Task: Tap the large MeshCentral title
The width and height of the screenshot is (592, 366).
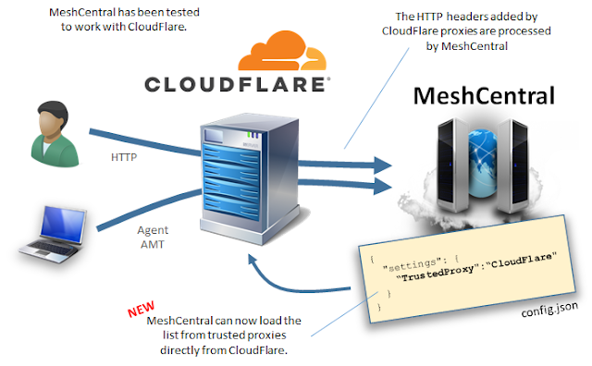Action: point(485,96)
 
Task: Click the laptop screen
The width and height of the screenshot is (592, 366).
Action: point(63,224)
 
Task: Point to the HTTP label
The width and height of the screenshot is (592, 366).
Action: point(124,157)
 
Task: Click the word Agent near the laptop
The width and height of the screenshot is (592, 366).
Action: point(153,230)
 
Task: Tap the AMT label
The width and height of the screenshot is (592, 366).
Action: point(153,245)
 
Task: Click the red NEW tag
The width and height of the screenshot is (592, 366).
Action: point(141,309)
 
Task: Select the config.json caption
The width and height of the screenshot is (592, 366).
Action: point(549,309)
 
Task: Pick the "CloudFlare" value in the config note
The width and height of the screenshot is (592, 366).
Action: point(521,260)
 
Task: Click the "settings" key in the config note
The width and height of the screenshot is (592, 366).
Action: point(412,264)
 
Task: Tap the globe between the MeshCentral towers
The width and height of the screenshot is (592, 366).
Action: point(483,164)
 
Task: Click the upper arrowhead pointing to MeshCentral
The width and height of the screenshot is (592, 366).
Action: point(383,165)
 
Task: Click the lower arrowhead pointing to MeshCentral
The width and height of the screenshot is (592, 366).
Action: point(383,186)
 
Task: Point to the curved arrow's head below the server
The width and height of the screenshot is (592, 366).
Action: point(253,261)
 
